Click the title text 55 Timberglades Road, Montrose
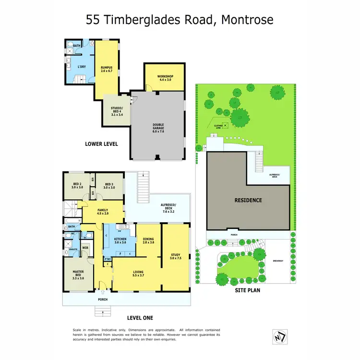pyautogui.click(x=180, y=20)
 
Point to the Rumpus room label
pyautogui.click(x=106, y=69)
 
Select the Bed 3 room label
pyautogui.click(x=108, y=186)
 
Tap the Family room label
pyautogui.click(x=102, y=212)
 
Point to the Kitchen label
pyautogui.click(x=120, y=240)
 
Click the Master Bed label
pyautogui.click(x=78, y=276)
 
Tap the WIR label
pyautogui.click(x=85, y=248)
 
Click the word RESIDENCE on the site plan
pyautogui.click(x=248, y=200)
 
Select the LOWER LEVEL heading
pyautogui.click(x=101, y=144)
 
